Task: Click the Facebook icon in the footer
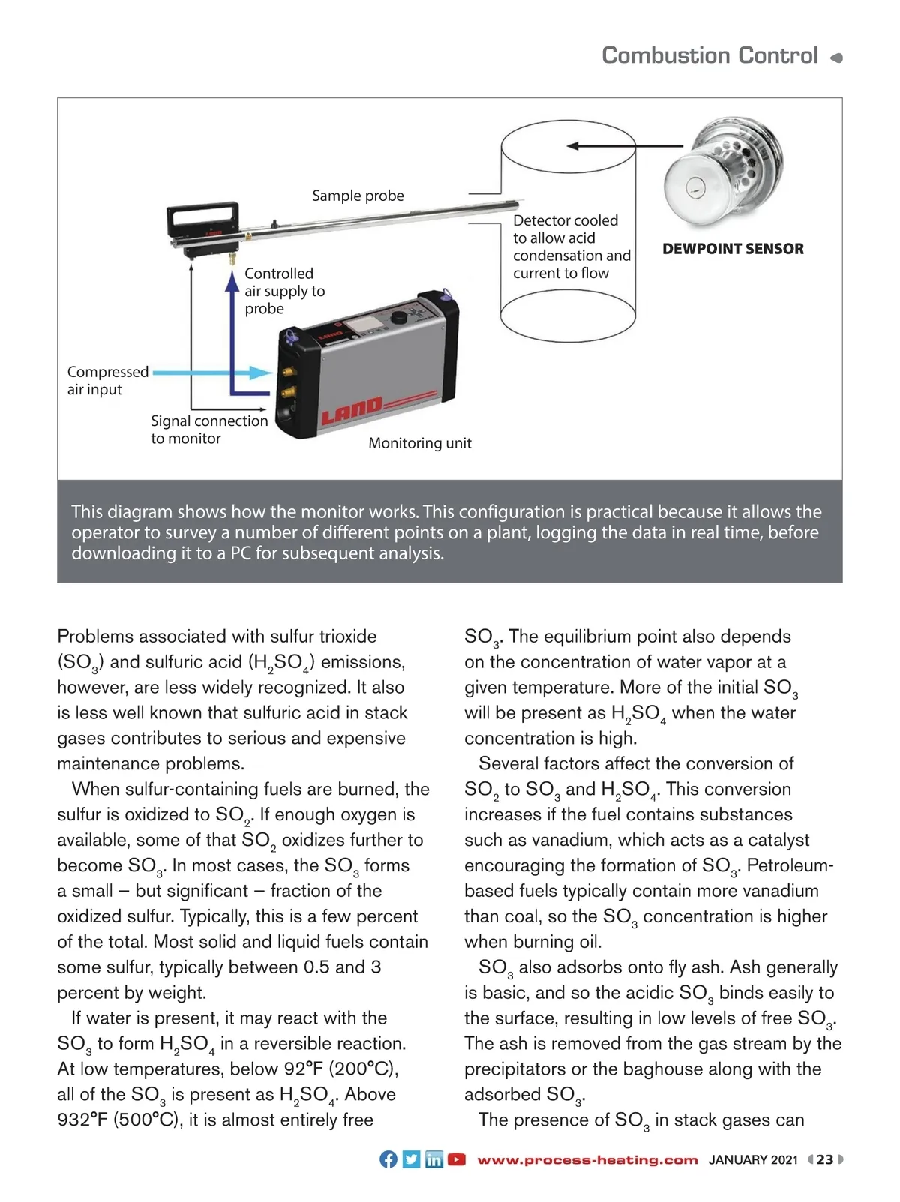coord(388,1159)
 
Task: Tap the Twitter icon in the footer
coord(411,1159)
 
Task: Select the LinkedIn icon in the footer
coord(433,1159)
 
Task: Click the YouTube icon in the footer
coord(456,1159)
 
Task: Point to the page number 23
coord(825,1159)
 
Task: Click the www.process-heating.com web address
coord(587,1160)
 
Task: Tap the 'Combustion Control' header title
coord(709,55)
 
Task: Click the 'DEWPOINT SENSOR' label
coord(733,249)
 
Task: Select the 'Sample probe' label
coord(358,196)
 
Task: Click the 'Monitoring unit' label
coord(420,443)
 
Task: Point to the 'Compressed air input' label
coord(107,381)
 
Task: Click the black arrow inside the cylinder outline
coord(600,146)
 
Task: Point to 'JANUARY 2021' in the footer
coord(753,1160)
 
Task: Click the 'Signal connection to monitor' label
coord(209,430)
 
